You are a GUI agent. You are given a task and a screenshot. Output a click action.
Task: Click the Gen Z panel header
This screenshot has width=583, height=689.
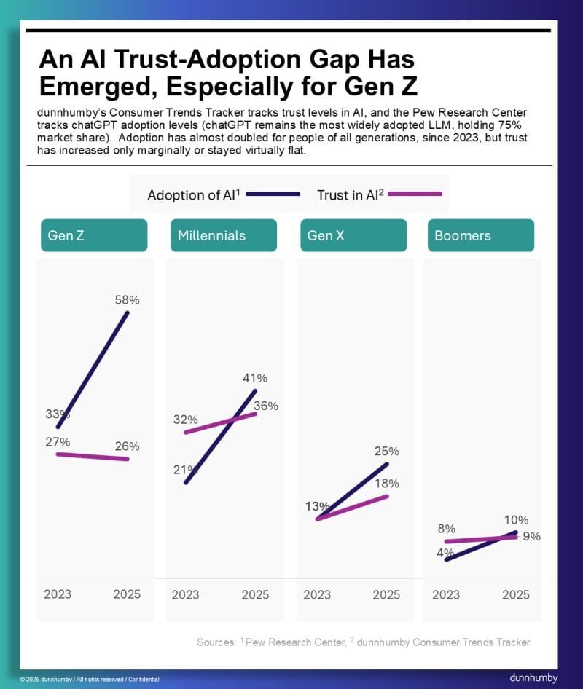click(x=94, y=235)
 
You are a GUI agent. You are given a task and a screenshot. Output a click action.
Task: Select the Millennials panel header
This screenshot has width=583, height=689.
click(x=224, y=235)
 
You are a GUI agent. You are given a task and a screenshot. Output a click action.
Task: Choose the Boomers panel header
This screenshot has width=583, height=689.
click(x=480, y=235)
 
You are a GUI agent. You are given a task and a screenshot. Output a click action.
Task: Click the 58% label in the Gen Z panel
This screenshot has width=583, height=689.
click(x=127, y=299)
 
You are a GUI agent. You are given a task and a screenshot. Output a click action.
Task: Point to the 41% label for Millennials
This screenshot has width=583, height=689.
click(x=255, y=378)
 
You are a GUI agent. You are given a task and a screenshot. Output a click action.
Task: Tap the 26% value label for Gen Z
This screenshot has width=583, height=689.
click(x=127, y=446)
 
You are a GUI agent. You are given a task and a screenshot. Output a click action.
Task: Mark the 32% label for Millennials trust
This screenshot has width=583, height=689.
click(x=185, y=420)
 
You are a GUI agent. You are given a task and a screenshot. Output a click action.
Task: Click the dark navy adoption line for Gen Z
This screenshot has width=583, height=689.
click(x=93, y=369)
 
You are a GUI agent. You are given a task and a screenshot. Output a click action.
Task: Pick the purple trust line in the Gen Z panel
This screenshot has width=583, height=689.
click(x=93, y=457)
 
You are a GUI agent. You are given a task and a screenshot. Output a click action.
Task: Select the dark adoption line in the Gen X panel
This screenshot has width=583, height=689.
click(x=353, y=491)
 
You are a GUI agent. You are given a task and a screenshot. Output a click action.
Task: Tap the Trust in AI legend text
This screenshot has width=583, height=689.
click(x=350, y=194)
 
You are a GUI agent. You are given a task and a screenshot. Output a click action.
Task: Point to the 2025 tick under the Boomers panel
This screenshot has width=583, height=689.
click(x=515, y=594)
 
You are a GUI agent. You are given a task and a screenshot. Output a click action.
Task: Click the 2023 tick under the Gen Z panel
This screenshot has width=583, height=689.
click(x=58, y=594)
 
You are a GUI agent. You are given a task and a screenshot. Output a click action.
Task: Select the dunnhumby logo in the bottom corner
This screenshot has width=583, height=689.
click(x=534, y=677)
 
